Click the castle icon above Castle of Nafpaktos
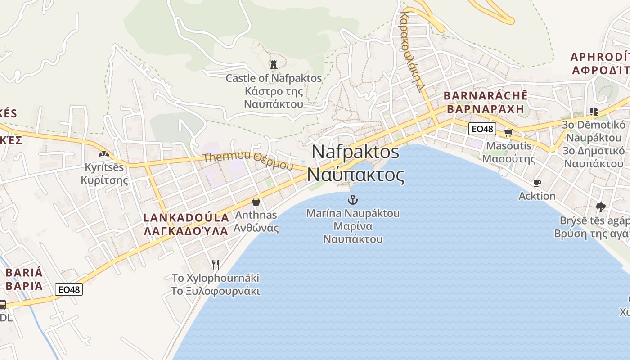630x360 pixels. (x=273, y=64)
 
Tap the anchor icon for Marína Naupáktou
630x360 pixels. (x=353, y=199)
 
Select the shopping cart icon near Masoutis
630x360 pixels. (x=508, y=132)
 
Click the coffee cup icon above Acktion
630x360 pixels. (x=537, y=183)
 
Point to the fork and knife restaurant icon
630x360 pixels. (x=216, y=264)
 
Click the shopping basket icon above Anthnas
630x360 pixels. (x=256, y=201)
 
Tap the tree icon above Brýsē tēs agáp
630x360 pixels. (x=600, y=207)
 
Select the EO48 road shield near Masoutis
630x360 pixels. (x=482, y=129)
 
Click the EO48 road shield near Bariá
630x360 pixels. (x=69, y=289)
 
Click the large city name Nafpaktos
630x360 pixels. (x=355, y=152)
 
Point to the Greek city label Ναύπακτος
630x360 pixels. (x=355, y=175)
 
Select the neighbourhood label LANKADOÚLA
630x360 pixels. (x=186, y=217)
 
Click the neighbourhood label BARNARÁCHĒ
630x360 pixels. (x=485, y=96)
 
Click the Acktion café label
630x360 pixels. (x=537, y=196)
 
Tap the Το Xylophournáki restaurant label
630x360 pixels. (x=216, y=278)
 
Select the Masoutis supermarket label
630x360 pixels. (x=508, y=146)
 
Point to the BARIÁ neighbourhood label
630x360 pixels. (x=24, y=272)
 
